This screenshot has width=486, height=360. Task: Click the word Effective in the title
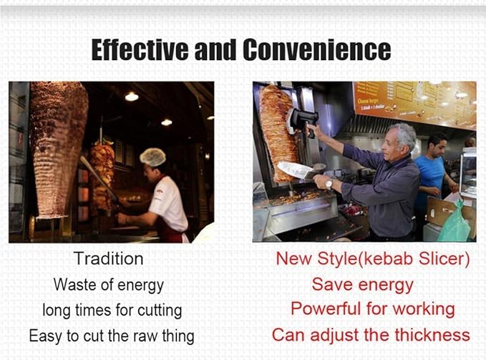coord(140,50)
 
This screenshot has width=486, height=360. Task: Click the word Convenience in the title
coord(317,50)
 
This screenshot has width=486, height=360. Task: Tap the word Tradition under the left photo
coord(109,258)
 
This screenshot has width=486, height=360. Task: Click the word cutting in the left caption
coord(160,311)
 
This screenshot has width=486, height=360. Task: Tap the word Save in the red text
coord(332,284)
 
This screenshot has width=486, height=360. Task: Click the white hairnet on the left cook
coord(152,157)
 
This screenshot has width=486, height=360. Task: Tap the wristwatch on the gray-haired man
coord(329,184)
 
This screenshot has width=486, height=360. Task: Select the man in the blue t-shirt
coord(434,177)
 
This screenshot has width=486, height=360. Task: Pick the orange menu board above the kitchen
coord(415,104)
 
